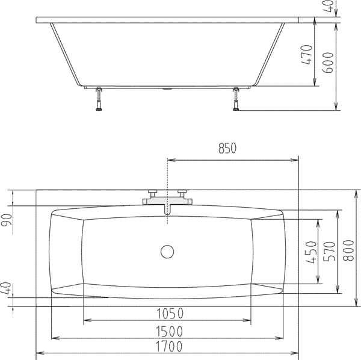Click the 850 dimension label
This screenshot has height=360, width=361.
tap(227, 148)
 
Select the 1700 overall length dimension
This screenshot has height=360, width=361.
tap(169, 346)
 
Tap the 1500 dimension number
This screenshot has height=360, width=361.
tap(170, 332)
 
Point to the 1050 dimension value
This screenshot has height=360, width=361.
tap(170, 314)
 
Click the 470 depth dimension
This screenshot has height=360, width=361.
tap(307, 55)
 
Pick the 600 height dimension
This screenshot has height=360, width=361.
tap(328, 63)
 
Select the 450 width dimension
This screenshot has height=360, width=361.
tap(311, 252)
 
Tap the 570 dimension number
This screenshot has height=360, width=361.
tap(329, 251)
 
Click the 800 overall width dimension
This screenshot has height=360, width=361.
tap(348, 250)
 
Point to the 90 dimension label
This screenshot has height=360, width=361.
tap(7, 220)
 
